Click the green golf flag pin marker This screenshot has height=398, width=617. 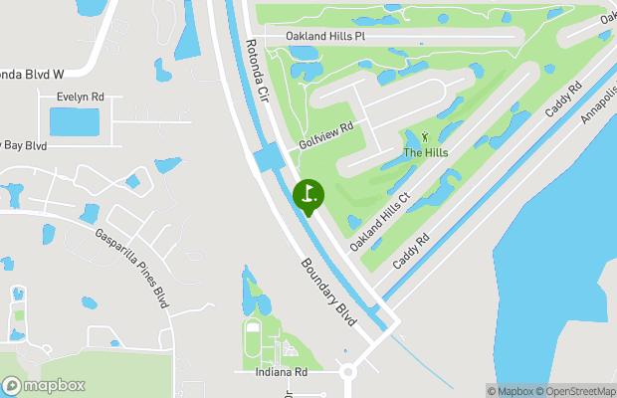(x=308, y=194)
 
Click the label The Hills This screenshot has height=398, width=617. (x=425, y=152)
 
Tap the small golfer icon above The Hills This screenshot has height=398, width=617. (x=426, y=136)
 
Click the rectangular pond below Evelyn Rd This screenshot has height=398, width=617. (x=75, y=122)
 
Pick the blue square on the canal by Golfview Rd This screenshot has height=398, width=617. (x=268, y=158)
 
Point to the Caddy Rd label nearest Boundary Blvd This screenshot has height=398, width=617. (x=411, y=251)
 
